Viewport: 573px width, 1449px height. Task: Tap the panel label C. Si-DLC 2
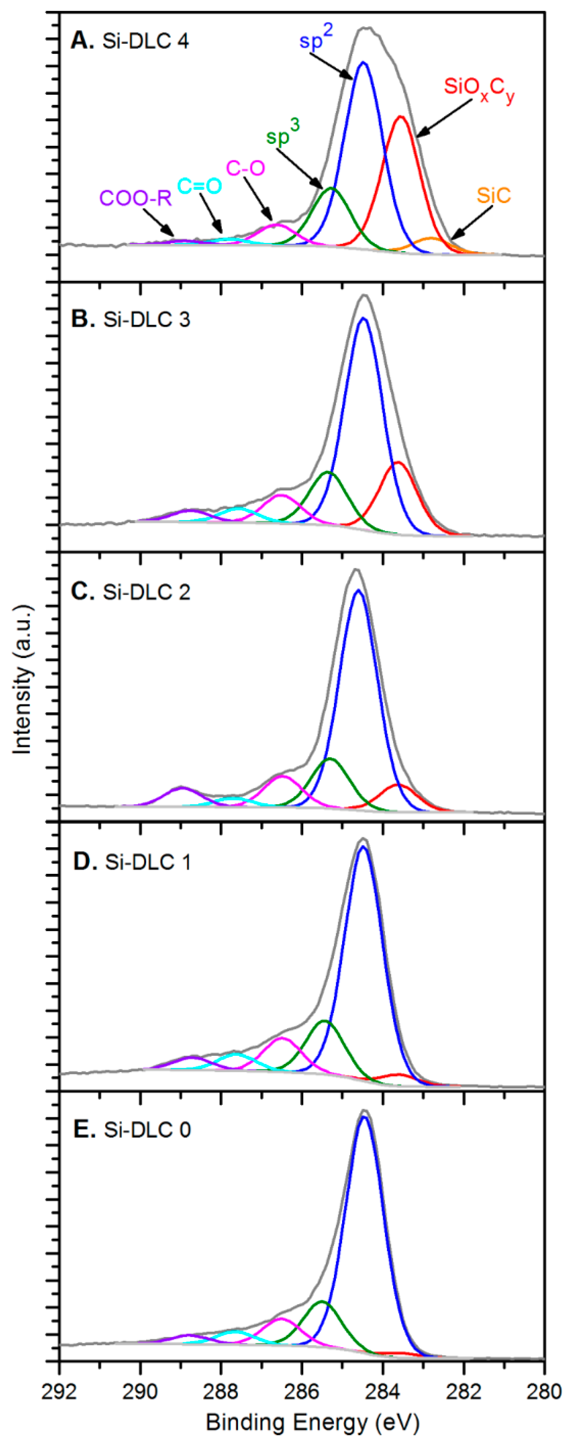pyautogui.click(x=131, y=592)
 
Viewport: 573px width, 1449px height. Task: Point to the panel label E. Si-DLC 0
pyautogui.click(x=132, y=1130)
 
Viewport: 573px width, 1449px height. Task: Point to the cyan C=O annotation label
pyautogui.click(x=199, y=186)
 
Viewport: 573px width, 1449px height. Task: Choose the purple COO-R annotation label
pyautogui.click(x=135, y=198)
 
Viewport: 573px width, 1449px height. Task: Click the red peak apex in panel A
pyautogui.click(x=400, y=117)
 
